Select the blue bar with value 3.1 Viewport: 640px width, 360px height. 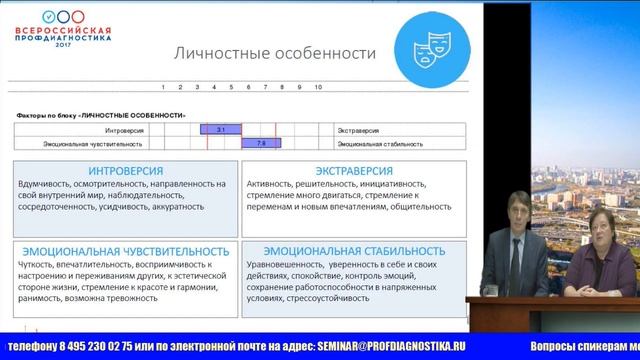[x=219, y=130]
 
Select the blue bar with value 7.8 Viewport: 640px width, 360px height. [x=260, y=143]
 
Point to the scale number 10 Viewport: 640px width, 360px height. [x=318, y=87]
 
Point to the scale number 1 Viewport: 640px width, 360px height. [x=162, y=87]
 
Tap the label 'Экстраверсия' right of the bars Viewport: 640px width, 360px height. [x=349, y=130]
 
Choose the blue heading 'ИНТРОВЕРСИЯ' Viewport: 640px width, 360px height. [x=126, y=170]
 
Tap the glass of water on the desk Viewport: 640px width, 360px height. [x=492, y=286]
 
